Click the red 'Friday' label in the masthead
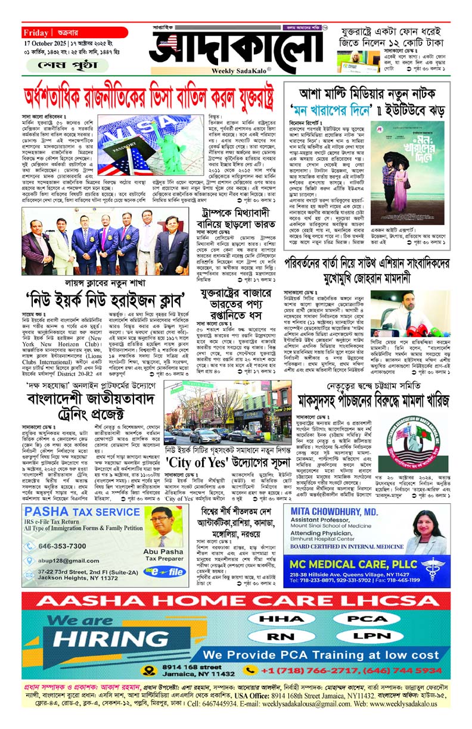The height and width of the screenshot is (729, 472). (x=37, y=33)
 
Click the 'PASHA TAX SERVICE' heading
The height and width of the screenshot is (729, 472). (x=74, y=512)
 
